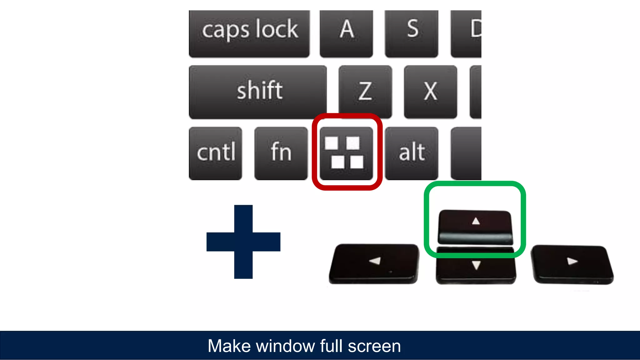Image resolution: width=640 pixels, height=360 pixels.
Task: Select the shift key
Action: point(258,92)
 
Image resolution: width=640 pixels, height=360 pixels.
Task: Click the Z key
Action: point(365,92)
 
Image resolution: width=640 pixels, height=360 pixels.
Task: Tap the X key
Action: point(430,92)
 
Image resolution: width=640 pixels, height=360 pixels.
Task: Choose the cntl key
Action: point(216,153)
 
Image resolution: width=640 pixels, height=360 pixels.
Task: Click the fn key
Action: point(281,153)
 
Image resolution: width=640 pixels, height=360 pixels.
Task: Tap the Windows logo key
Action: point(346,153)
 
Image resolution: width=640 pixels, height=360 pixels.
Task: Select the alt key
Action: point(412,153)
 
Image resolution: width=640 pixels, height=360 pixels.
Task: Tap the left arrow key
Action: point(374,263)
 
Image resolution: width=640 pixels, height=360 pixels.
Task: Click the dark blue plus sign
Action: point(243,242)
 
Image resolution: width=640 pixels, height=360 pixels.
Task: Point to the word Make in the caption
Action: point(229,346)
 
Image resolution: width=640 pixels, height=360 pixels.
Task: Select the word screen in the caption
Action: point(374,346)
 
